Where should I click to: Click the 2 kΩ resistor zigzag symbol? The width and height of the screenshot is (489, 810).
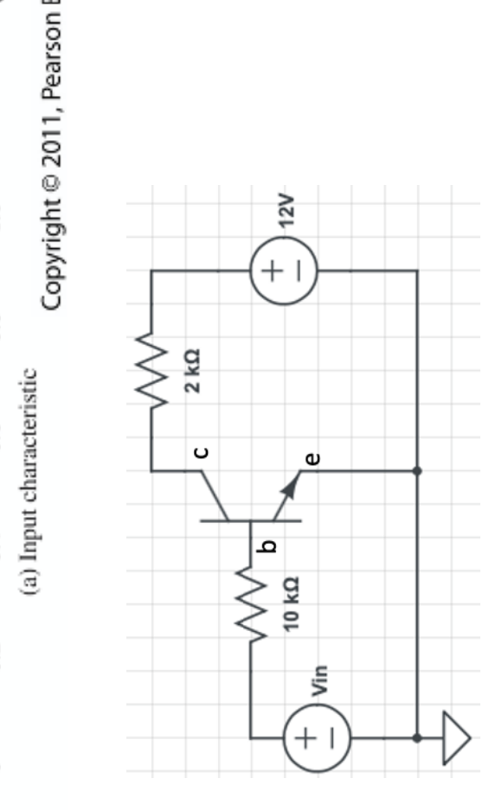152,372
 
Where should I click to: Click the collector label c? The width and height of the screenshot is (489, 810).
200,451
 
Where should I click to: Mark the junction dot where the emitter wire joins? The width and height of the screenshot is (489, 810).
417,471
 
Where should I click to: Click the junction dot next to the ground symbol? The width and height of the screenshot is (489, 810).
417,738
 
